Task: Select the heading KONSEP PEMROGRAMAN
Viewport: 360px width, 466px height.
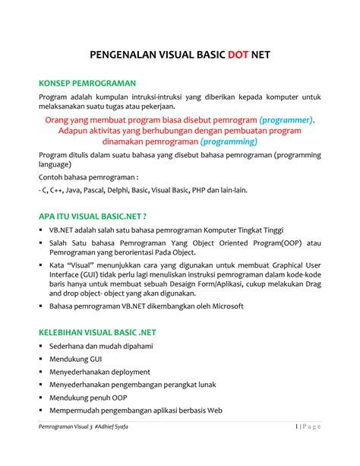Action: (x=87, y=84)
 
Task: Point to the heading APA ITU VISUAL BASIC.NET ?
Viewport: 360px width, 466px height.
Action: (x=92, y=216)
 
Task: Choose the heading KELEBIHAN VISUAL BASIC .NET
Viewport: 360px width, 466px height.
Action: (x=97, y=332)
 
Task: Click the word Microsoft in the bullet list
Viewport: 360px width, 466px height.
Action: (x=221, y=306)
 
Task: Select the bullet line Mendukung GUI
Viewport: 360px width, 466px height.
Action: (x=75, y=359)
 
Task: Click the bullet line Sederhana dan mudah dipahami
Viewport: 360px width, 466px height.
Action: (x=101, y=346)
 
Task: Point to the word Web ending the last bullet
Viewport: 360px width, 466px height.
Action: (x=215, y=411)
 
